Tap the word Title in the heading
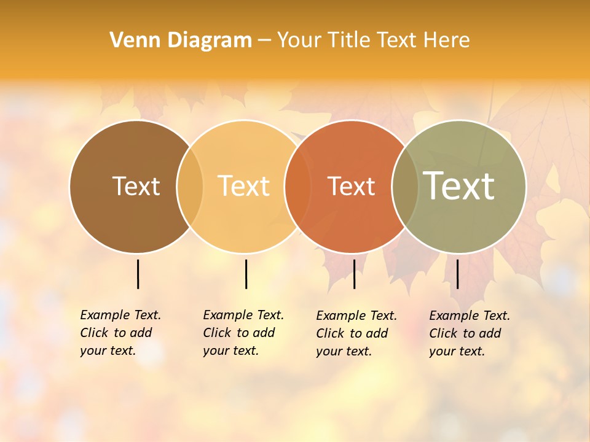pos(351,41)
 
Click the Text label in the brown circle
pos(136,186)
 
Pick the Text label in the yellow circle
pos(244,186)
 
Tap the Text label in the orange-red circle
pos(351,186)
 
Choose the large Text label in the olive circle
pos(459,186)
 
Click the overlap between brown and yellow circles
pos(190,187)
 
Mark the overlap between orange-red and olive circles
pos(405,187)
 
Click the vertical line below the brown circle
pos(138,274)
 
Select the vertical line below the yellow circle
pos(246,274)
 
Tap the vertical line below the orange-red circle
pos(354,274)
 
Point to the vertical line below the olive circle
pos(457,274)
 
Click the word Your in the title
pos(299,41)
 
